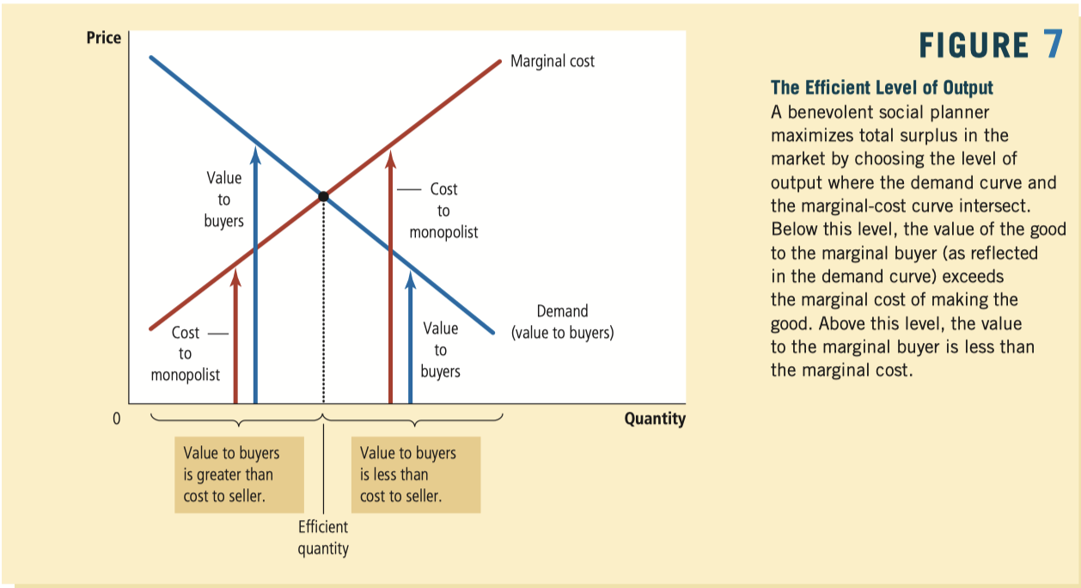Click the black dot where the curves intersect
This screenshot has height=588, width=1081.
(x=323, y=197)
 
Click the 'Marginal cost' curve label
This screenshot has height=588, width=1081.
(x=552, y=61)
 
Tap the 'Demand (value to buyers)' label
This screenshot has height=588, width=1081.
(x=562, y=322)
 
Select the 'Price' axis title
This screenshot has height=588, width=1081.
(x=104, y=38)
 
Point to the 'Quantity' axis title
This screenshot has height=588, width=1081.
(x=655, y=419)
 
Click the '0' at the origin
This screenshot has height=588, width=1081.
(x=116, y=419)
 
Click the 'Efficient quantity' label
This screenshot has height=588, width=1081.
(x=323, y=537)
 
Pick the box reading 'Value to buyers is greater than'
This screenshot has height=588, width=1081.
(x=240, y=475)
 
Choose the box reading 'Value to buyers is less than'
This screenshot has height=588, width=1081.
(x=416, y=475)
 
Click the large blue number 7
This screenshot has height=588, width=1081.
(x=1053, y=44)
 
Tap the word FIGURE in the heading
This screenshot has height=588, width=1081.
(x=974, y=46)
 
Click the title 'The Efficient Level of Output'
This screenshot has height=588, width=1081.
(x=882, y=88)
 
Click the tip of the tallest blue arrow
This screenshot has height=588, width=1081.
(x=255, y=147)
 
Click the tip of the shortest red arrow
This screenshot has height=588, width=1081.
(x=235, y=268)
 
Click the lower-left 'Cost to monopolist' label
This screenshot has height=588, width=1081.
(x=186, y=354)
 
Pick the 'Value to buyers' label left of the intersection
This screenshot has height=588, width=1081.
(x=224, y=199)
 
